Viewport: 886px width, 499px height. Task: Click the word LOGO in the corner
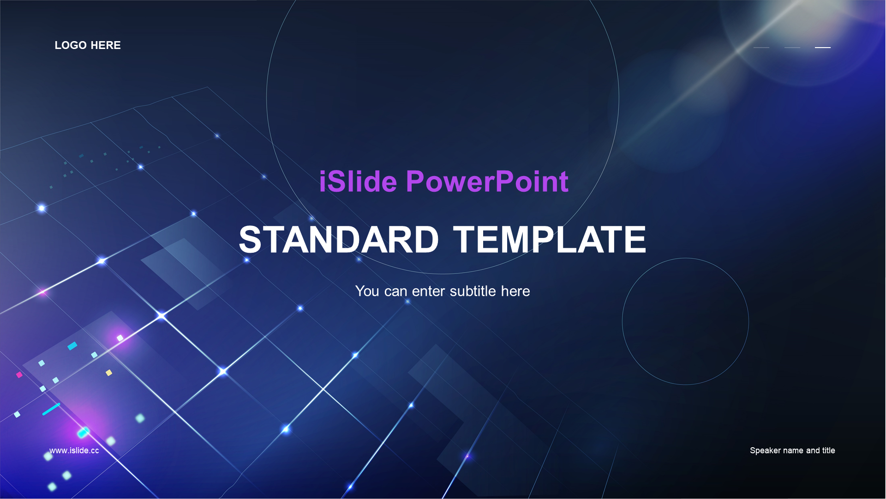click(71, 45)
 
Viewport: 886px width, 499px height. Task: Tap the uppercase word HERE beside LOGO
click(106, 45)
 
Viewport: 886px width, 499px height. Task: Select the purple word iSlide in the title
click(358, 181)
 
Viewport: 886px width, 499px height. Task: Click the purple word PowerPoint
click(487, 181)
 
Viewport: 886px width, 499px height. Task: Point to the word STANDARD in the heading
click(339, 239)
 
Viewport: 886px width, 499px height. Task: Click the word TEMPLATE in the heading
click(549, 239)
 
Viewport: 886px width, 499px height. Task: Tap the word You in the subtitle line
click(367, 291)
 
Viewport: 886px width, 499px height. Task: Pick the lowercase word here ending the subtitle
click(515, 291)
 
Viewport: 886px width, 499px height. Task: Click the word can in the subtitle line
click(395, 292)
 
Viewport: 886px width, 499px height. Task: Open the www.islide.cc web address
click(74, 450)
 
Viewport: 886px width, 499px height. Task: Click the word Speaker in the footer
click(765, 450)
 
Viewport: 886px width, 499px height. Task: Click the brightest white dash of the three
click(823, 47)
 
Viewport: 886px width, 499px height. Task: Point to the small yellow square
click(109, 373)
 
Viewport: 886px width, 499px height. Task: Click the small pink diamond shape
click(19, 375)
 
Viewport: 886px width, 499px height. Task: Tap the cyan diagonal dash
click(51, 409)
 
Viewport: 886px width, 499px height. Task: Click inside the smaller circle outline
click(685, 321)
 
